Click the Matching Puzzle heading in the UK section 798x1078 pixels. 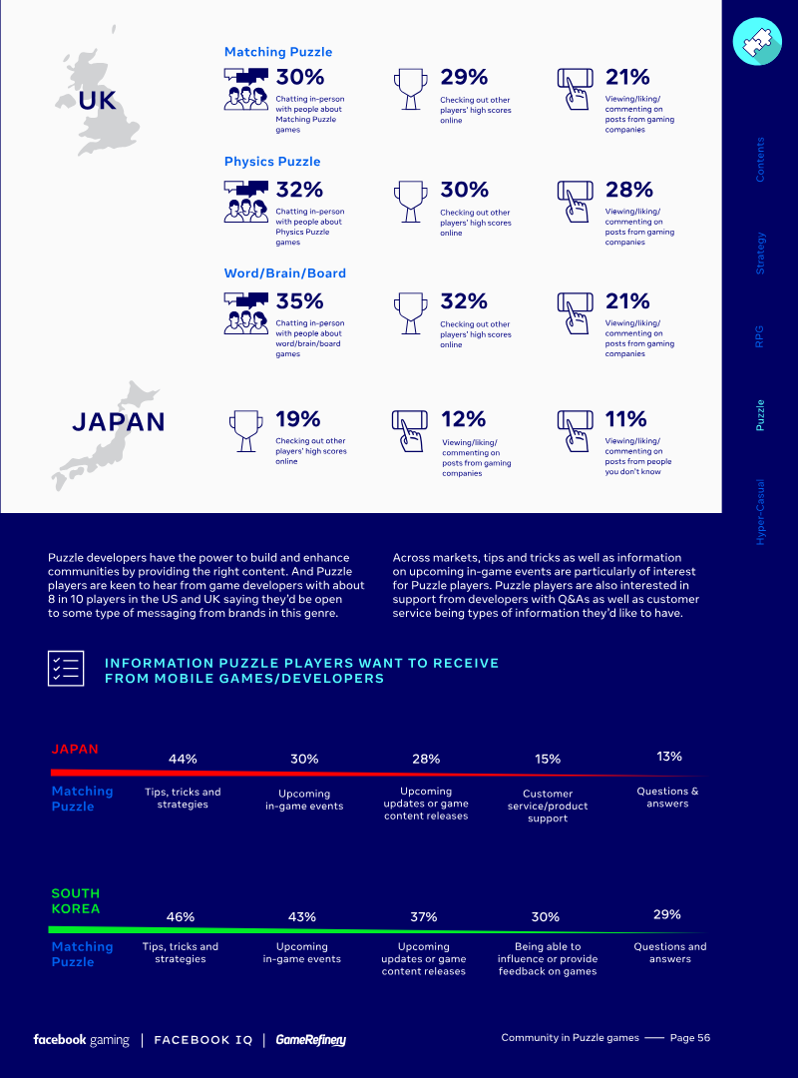[x=278, y=52]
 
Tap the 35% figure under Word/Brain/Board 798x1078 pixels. [x=299, y=300]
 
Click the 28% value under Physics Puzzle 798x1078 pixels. [x=628, y=190]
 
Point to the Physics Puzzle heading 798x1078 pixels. [x=272, y=162]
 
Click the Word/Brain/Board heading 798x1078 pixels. [x=285, y=273]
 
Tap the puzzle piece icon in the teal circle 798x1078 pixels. [x=757, y=41]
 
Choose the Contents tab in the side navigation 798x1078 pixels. [x=761, y=159]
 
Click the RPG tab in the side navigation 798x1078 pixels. [x=761, y=334]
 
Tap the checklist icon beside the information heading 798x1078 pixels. [x=66, y=668]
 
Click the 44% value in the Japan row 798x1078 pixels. [x=183, y=759]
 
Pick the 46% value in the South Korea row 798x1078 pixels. [x=181, y=916]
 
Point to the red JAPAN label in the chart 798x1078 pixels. [x=75, y=750]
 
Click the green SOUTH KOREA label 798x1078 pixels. [x=76, y=901]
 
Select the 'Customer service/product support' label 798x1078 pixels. [x=548, y=806]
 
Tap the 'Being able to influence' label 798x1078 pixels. [x=547, y=958]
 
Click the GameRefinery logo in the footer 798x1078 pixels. [x=311, y=1040]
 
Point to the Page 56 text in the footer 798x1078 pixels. [x=690, y=1038]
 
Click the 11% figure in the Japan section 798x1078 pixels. [x=625, y=419]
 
